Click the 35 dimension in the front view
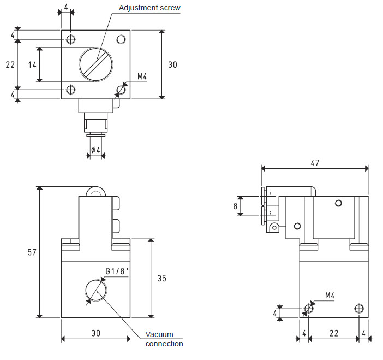coord(161,278)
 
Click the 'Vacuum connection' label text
coord(164,339)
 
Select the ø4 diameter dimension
coord(95,150)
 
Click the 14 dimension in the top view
coord(32,64)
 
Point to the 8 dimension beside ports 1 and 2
coord(236,206)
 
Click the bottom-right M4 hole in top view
coord(121,90)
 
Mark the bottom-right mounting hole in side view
coord(358,309)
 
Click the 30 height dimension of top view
coord(172,64)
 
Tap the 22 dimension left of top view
coord(10,64)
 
